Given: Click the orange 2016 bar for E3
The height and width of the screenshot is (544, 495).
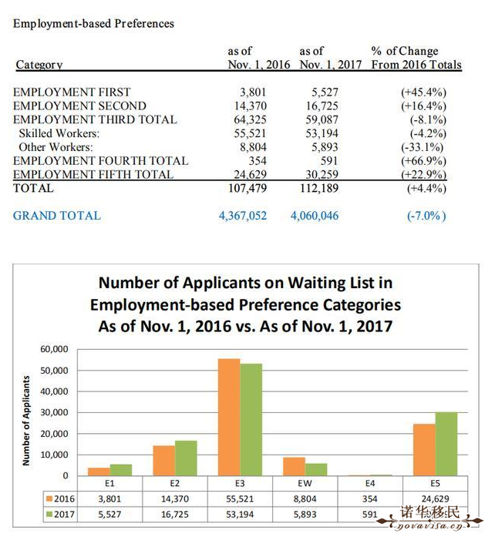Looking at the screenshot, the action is tap(229, 417).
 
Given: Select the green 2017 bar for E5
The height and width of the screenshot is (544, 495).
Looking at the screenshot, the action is tap(446, 444).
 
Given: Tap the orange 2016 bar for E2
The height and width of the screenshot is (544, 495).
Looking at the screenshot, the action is tap(163, 460).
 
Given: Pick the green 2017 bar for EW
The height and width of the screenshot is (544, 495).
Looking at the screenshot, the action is tap(316, 469).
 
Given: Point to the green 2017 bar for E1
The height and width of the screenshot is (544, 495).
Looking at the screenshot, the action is tap(121, 470).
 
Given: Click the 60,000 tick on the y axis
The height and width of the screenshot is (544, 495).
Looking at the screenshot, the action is tap(54, 349).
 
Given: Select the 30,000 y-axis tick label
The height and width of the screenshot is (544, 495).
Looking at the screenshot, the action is tap(54, 412).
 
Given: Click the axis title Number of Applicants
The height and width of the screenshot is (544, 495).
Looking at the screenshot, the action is tap(26, 421).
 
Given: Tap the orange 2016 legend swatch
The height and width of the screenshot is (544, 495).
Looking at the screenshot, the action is tap(49, 499).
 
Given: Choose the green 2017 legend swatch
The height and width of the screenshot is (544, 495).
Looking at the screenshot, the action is tap(49, 514).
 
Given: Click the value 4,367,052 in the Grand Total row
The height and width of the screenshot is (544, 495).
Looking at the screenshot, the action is tap(243, 216).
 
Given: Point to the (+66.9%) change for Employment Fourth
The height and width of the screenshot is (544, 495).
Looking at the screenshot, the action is tap(423, 161).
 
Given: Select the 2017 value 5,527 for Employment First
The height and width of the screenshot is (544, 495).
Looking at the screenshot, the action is tap(325, 92).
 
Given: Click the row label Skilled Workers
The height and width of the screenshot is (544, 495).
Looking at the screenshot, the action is tap(59, 133).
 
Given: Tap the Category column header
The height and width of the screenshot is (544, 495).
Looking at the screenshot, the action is tap(39, 65).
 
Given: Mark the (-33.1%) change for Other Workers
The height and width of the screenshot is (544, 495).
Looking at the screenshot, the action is tap(422, 147).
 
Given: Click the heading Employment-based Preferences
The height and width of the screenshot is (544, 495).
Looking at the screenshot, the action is tap(93, 24).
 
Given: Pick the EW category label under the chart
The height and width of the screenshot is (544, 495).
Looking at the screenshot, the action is tap(305, 483).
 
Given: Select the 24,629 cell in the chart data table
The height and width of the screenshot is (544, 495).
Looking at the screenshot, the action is tap(435, 499).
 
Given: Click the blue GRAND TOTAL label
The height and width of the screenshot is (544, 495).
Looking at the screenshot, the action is tap(57, 216).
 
